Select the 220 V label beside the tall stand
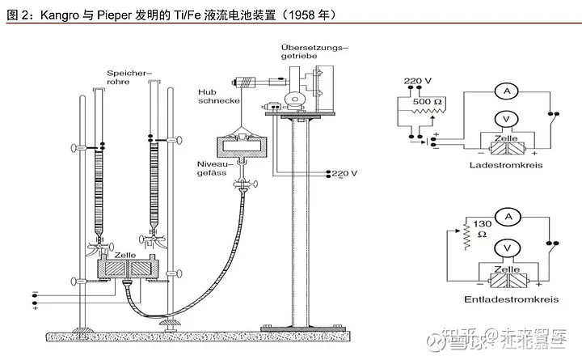(344, 173)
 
